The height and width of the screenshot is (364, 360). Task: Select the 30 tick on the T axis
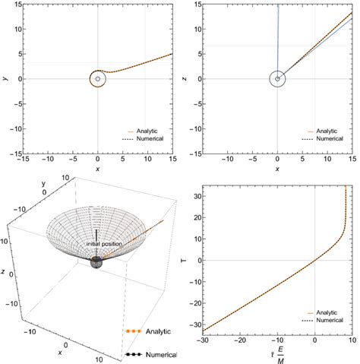pos(202,196)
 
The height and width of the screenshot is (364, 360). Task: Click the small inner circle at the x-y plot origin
pos(98,78)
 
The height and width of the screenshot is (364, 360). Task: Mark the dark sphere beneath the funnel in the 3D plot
pos(97,263)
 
